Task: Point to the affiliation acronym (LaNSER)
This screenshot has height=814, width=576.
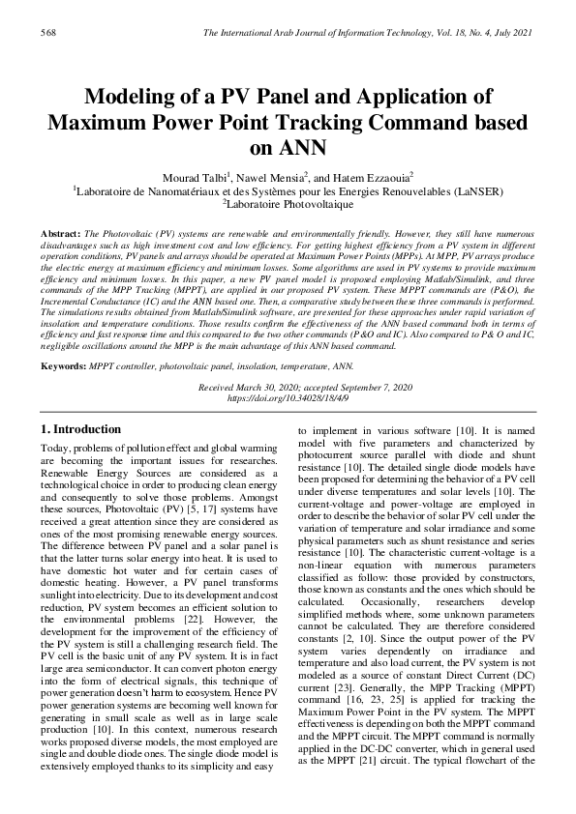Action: click(x=475, y=191)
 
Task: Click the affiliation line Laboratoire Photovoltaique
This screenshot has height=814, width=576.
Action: click(x=289, y=205)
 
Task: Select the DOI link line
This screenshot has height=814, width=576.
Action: click(x=288, y=396)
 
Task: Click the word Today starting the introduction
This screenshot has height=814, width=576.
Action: click(x=55, y=448)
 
